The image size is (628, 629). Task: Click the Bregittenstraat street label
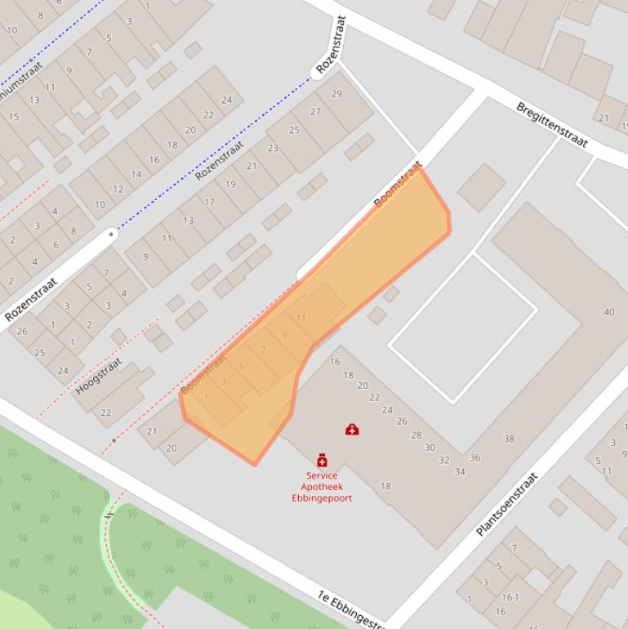552,125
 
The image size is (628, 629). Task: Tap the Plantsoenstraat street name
507,504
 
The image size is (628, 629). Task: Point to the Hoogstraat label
99,377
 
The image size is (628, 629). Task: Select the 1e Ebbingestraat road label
352,609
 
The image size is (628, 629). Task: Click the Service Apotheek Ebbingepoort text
322,487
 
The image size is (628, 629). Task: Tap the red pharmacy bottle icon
322,461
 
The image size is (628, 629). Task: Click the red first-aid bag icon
352,429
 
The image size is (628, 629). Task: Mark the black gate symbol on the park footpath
109,515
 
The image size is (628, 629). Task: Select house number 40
609,312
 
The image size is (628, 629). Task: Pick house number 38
509,439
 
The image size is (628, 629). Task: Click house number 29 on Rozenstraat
336,94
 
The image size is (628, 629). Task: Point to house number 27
315,112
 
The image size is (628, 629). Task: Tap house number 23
273,148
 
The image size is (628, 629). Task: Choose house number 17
209,203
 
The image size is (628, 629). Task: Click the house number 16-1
510,597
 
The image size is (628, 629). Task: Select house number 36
474,457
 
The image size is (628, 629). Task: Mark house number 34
460,471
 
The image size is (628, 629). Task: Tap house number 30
430,447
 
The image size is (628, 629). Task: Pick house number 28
416,435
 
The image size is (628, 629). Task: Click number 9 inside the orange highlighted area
284,334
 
